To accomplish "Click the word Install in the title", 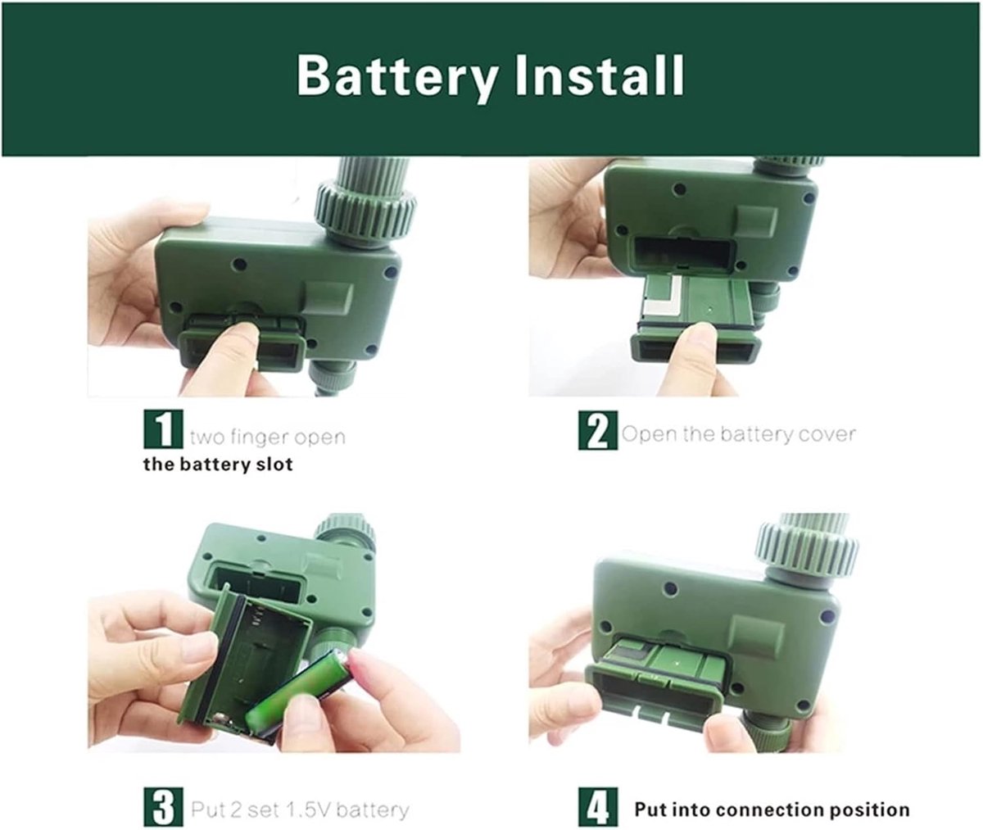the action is [600, 76].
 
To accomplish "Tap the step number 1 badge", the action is [163, 429].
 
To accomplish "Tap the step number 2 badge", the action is [597, 430].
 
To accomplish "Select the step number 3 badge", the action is [163, 806].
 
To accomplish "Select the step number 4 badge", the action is [597, 807].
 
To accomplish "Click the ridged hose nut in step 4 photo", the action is [806, 547].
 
